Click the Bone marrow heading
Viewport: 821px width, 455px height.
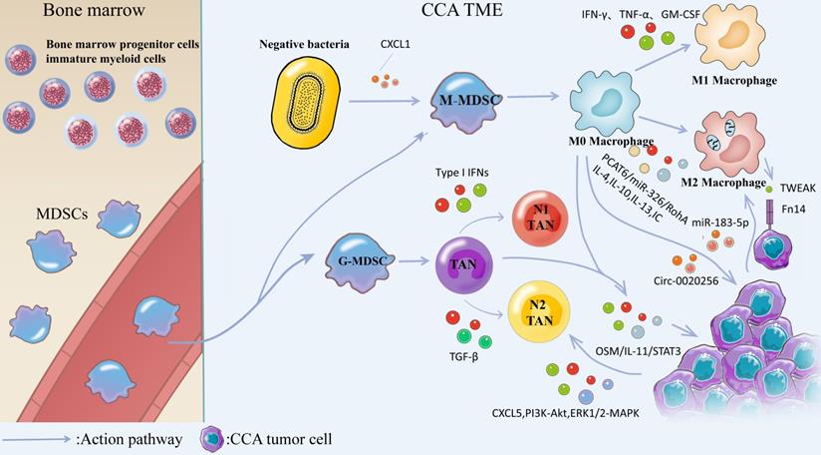tap(60, 14)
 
